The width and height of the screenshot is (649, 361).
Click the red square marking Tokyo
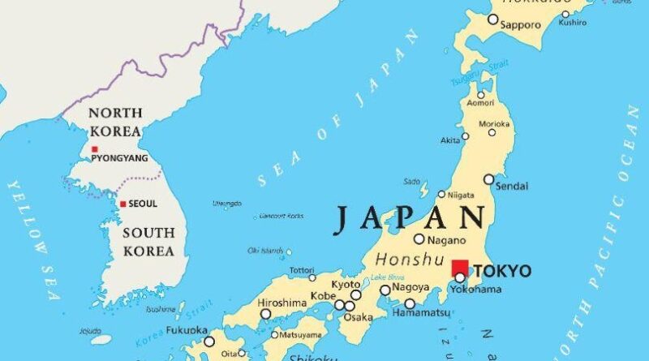(460, 268)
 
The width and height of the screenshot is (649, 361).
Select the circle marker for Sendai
(488, 179)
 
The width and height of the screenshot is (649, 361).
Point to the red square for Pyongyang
(95, 148)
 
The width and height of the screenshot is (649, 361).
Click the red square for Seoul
(122, 204)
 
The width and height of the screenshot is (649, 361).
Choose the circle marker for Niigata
(441, 194)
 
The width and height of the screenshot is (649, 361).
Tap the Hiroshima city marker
(265, 313)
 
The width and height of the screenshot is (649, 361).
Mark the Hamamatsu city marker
(410, 304)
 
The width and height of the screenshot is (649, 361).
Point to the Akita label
(450, 140)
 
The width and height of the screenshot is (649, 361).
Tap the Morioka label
(494, 123)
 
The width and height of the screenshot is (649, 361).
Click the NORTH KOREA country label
(114, 121)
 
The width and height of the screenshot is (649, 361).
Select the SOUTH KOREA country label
(148, 242)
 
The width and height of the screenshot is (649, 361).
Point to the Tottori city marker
(312, 277)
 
